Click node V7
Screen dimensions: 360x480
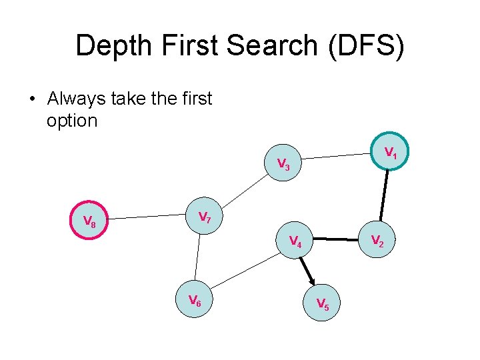point(205,217)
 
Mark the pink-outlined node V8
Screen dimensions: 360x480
point(89,221)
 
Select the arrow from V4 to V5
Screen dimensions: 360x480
point(308,271)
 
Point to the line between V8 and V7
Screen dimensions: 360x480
point(146,217)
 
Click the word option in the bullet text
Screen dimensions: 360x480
point(72,121)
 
